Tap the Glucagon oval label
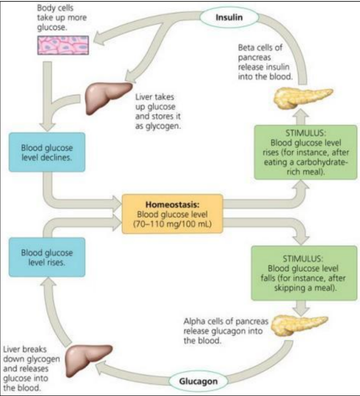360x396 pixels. [198, 381]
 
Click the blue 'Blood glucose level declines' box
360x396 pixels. [46, 152]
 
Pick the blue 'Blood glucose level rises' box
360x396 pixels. [46, 257]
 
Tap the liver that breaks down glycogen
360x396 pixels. [88, 359]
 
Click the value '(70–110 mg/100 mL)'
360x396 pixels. [172, 224]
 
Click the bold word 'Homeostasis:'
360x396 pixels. [172, 205]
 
